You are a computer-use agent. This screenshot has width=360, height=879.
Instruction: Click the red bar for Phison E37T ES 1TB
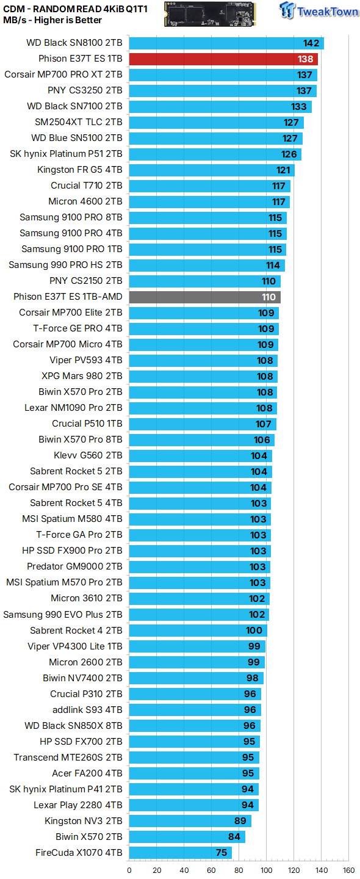click(223, 59)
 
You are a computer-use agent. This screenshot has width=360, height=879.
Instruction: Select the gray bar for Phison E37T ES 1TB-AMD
click(204, 297)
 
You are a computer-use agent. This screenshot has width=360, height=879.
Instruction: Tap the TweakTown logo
click(319, 10)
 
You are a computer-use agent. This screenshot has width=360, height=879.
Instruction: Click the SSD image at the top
click(210, 14)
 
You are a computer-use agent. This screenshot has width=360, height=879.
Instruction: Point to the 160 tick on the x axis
click(348, 870)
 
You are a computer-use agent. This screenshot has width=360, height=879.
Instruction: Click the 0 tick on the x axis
click(129, 870)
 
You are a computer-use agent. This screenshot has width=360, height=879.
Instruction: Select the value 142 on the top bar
click(311, 43)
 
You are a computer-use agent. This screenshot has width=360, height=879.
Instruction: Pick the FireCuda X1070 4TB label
click(79, 852)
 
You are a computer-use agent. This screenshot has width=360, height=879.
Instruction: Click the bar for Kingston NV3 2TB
click(190, 821)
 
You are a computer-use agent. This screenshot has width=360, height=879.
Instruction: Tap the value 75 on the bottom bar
click(221, 853)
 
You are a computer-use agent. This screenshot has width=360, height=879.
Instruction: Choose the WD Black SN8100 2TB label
click(74, 43)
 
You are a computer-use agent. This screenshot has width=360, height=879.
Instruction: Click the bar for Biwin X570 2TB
click(187, 837)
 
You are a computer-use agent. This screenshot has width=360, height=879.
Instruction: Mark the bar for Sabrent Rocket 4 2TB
click(198, 631)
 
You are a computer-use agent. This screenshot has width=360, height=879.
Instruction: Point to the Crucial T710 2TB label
click(86, 186)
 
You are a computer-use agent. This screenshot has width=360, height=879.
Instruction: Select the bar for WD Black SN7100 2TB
click(220, 107)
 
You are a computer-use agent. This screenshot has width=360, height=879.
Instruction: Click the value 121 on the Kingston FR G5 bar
click(283, 170)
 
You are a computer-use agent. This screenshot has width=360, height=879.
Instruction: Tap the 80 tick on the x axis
click(239, 870)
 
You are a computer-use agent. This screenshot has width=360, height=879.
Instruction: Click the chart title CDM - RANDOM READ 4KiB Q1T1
click(75, 9)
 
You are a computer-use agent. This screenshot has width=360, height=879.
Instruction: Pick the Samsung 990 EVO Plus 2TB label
click(63, 615)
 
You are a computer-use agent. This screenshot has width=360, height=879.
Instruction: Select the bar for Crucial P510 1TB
click(203, 424)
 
